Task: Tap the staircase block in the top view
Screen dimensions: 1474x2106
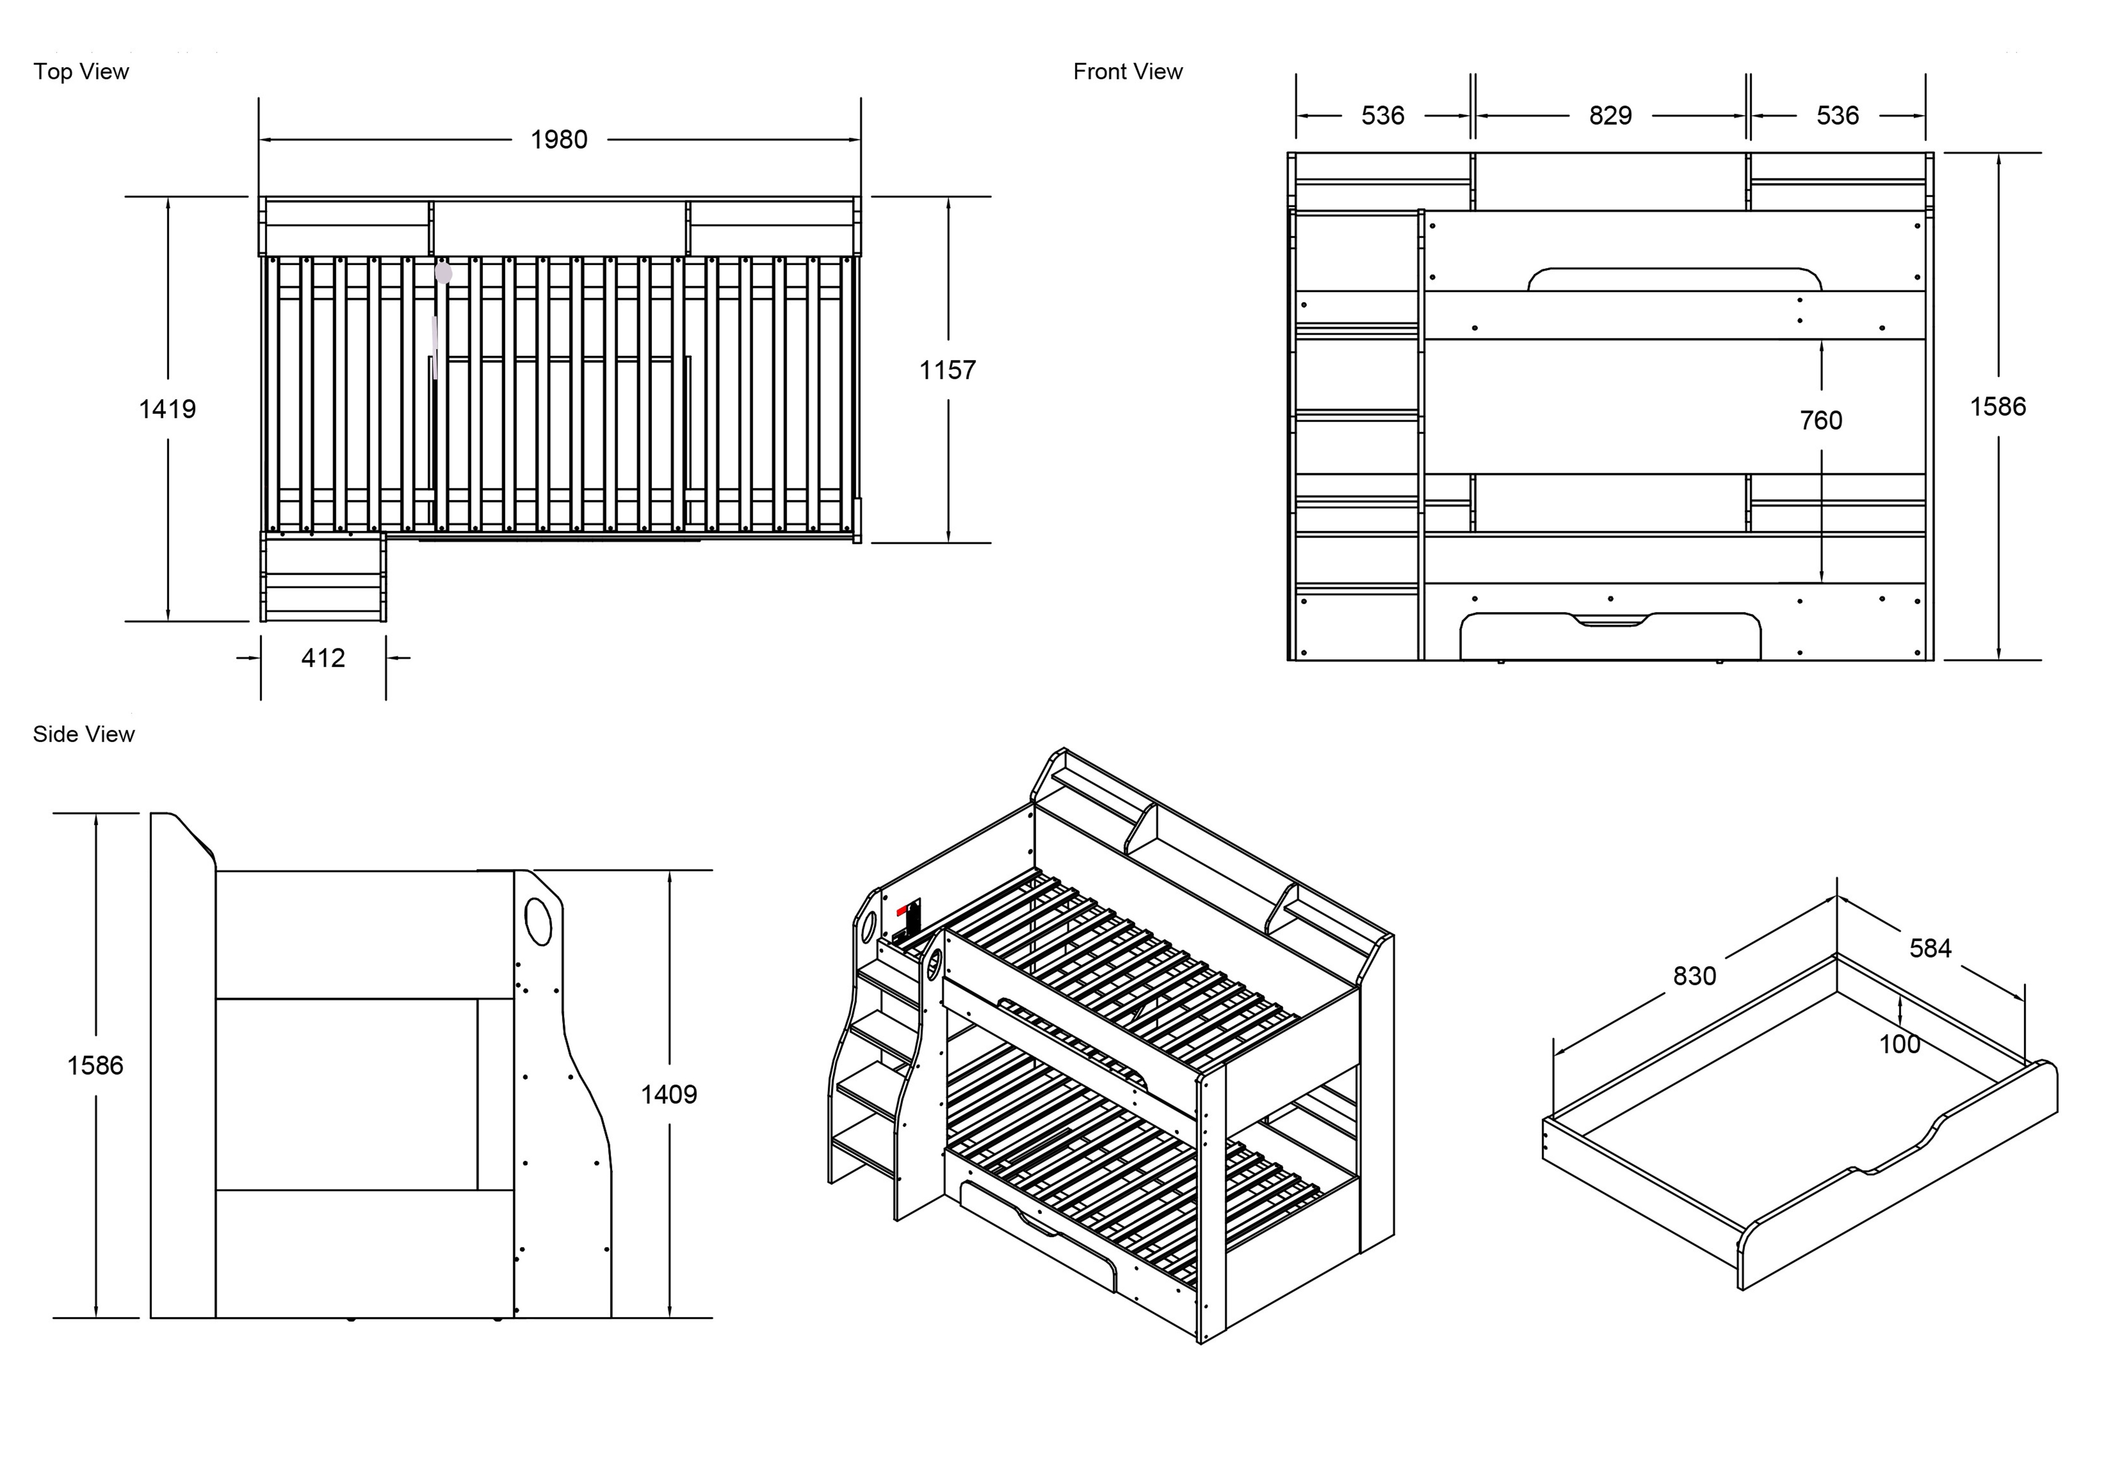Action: pos(323,578)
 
